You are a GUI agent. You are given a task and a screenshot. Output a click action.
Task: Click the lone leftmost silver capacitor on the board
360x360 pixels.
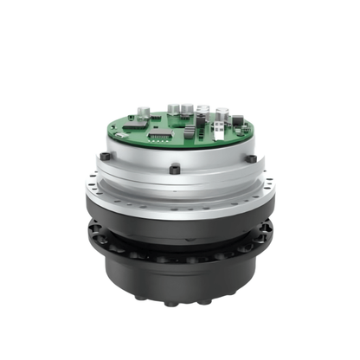[144, 112]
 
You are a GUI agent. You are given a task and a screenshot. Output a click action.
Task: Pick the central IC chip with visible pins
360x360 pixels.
[158, 136]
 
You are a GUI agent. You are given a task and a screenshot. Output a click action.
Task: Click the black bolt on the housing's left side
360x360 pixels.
[105, 157]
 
